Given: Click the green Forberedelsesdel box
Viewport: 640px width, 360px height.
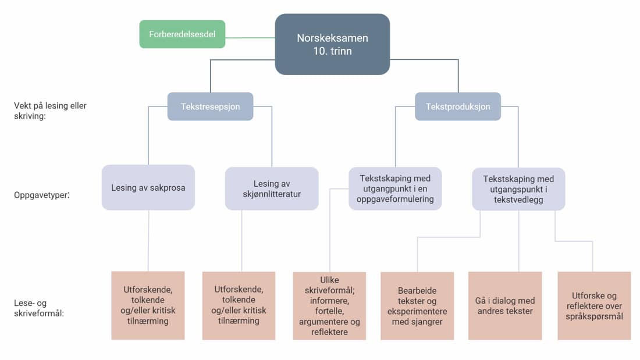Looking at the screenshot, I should click(182, 34).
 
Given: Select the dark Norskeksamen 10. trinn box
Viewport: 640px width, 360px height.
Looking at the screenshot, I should click(332, 44).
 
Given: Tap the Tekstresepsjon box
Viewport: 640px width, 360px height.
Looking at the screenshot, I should click(210, 106).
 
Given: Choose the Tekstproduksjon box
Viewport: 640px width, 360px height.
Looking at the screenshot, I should click(458, 106).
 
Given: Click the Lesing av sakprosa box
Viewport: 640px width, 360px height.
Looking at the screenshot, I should click(148, 187).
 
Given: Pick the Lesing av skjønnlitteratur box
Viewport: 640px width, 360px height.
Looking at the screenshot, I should click(272, 188).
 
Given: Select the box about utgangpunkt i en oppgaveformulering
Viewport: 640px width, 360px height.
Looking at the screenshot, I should click(396, 188).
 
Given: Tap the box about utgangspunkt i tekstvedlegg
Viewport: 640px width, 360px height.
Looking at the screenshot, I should click(518, 189).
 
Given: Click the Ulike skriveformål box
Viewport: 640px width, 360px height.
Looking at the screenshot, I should click(329, 305).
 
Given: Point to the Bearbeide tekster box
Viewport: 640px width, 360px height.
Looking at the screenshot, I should click(417, 305).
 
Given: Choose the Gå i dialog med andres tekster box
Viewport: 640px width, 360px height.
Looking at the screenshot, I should click(505, 305).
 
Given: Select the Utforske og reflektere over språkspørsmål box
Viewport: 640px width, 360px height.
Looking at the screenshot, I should click(594, 305).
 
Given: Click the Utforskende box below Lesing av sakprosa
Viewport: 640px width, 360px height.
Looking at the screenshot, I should click(148, 305).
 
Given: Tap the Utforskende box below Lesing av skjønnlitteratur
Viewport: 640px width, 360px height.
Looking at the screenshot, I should click(239, 305).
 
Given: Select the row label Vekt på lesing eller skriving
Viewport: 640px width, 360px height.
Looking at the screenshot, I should click(50, 111).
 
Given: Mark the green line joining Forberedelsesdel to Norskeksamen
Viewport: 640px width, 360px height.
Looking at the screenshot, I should click(250, 38).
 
